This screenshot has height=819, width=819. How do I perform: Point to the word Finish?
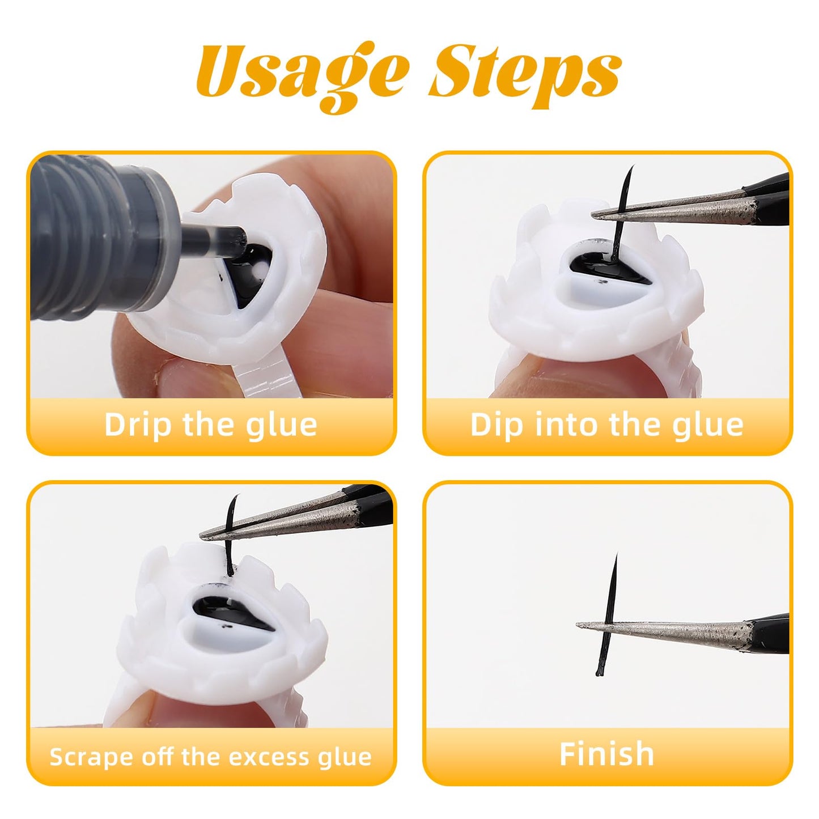(607, 754)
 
